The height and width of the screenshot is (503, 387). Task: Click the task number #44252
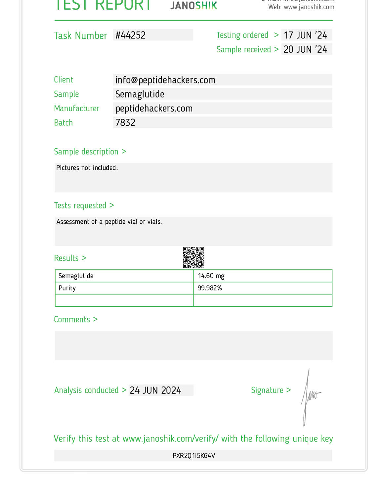point(131,35)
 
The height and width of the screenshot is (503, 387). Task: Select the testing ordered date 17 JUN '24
point(305,35)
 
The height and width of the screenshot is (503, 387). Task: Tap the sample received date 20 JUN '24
point(305,49)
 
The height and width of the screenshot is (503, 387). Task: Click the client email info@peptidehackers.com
point(165,80)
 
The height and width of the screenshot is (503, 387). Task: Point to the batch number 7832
point(125,123)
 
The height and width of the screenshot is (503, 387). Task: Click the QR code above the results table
point(193,257)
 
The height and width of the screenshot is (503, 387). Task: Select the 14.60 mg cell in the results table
point(211,276)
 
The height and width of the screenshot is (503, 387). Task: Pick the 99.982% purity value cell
point(210,288)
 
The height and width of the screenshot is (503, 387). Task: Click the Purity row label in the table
point(67,288)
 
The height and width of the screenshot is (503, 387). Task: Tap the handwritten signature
point(309,397)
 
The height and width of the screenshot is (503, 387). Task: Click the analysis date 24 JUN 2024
point(155,390)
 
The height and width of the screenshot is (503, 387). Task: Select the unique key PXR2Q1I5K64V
point(194,456)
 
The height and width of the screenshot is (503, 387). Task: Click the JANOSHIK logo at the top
point(194,5)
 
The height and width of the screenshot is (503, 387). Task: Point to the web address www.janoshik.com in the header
point(309,7)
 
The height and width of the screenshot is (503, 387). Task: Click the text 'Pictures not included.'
point(87,168)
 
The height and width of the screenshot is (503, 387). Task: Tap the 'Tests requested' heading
point(84,206)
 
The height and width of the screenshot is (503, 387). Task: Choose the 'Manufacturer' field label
point(77,109)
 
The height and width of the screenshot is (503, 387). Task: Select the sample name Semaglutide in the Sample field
point(140,94)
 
